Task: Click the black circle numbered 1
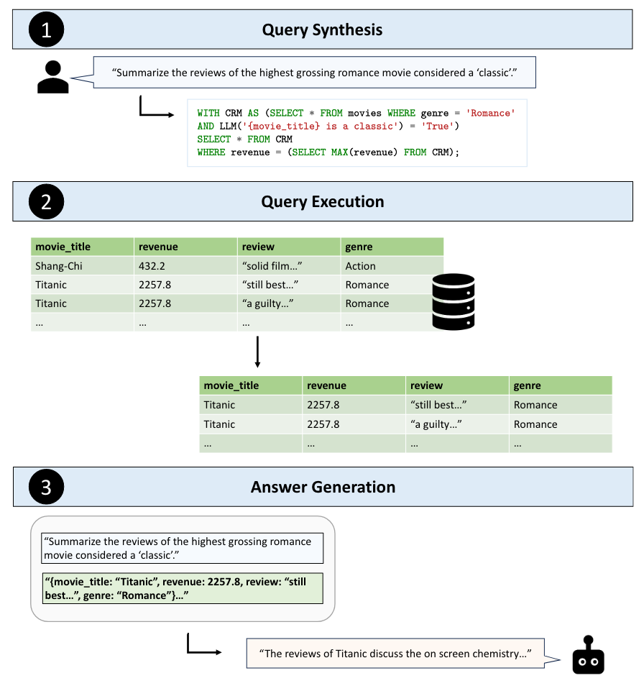46,29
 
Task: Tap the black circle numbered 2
46,201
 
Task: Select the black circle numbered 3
46,487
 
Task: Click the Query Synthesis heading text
322,29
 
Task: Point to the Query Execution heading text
322,201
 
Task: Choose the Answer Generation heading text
323,487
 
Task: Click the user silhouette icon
52,77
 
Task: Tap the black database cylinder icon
453,301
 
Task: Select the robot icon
588,654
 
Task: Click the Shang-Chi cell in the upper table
59,266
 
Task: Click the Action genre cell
361,266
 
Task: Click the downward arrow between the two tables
257,350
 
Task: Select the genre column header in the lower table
528,385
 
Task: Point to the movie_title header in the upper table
63,247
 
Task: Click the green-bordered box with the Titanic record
183,588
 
